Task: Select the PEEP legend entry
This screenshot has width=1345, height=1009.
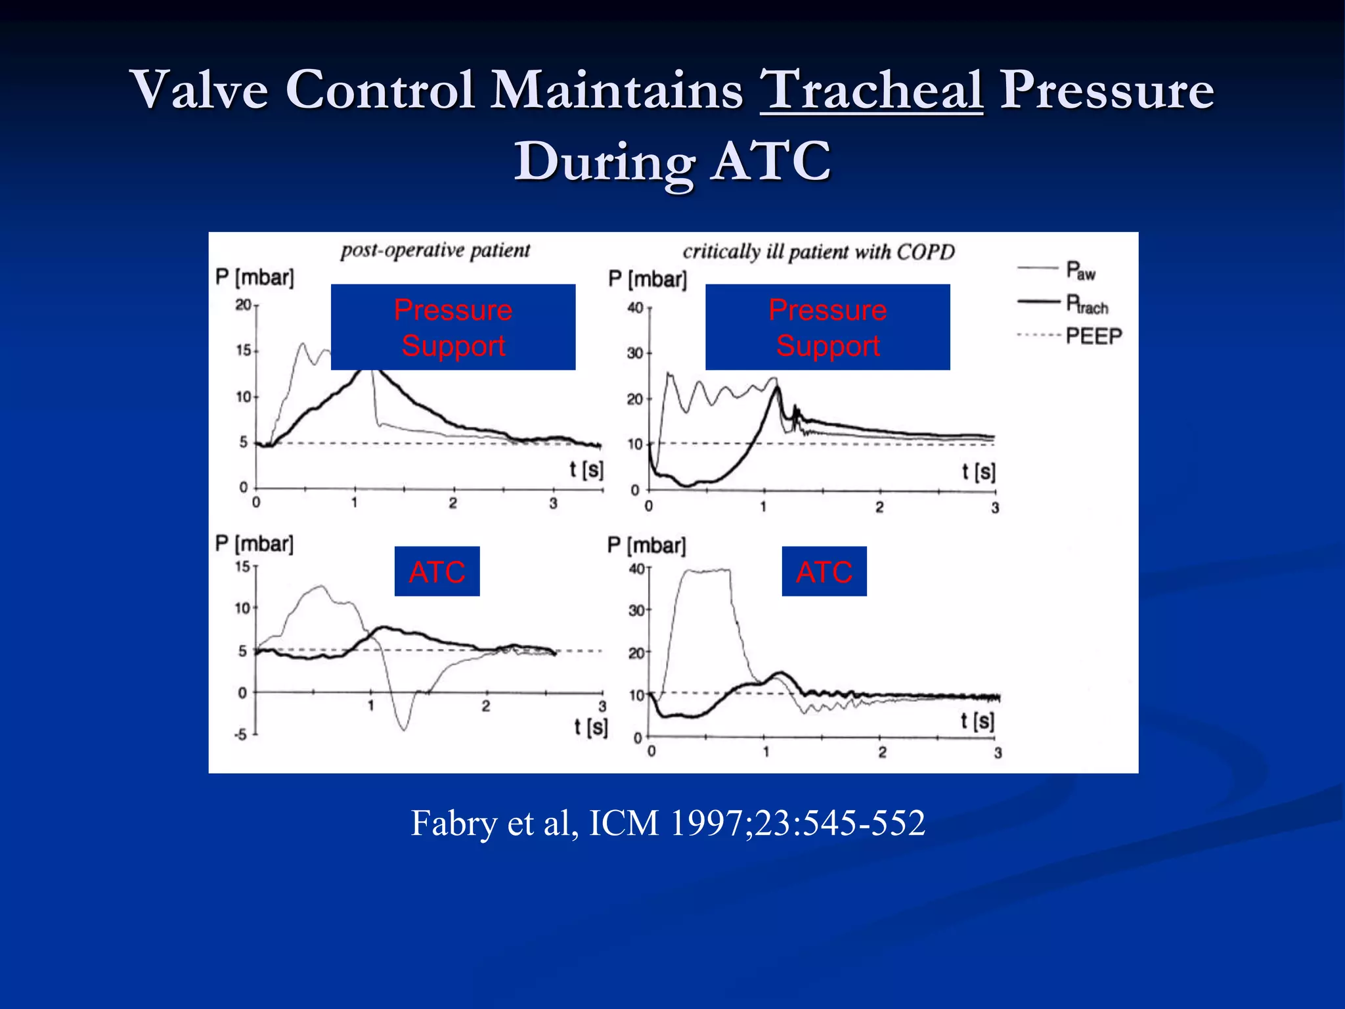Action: coord(1093,336)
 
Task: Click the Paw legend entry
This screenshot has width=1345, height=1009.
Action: coord(1080,270)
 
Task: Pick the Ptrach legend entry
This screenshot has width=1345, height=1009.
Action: coord(1086,304)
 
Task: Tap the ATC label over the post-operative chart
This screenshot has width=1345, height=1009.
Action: coord(437,572)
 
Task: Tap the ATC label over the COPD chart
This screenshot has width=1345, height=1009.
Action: coord(824,572)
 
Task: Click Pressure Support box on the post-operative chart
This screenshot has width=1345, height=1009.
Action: coord(453,327)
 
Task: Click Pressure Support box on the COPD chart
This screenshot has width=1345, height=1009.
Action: coord(827,327)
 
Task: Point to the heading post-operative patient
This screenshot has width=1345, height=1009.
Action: coord(435,250)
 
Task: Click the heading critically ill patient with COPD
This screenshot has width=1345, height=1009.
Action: coord(818,252)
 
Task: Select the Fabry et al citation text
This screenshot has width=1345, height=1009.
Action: coord(667,822)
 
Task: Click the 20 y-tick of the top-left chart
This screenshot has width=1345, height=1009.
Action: coord(243,305)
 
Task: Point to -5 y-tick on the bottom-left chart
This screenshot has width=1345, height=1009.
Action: coord(240,734)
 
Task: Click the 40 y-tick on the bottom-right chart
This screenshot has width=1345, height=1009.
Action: coord(636,569)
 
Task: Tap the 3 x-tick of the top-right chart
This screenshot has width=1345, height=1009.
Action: coord(995,508)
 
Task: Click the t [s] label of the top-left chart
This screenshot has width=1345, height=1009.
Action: coord(586,470)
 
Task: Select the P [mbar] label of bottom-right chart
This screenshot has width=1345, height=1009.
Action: coord(647,545)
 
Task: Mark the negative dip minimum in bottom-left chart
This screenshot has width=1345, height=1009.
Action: coord(404,729)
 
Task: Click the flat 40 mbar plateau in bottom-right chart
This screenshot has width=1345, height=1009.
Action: coord(707,571)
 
